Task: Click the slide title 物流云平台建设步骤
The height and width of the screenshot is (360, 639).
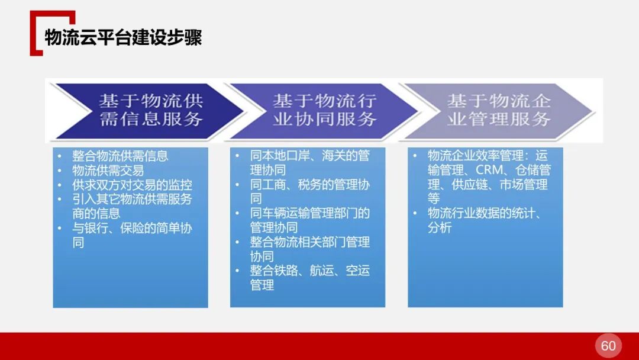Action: click(x=123, y=37)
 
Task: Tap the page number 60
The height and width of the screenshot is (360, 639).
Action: click(x=608, y=346)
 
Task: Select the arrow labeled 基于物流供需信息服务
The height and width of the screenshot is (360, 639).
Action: click(x=150, y=110)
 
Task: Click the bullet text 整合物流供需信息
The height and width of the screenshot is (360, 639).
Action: click(x=120, y=156)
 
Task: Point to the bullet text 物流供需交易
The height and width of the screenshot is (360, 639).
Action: click(x=108, y=171)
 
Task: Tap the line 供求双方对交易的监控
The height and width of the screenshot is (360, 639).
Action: click(x=132, y=185)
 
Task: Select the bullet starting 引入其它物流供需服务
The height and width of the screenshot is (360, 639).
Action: click(x=132, y=200)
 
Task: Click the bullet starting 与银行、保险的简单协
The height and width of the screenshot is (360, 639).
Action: click(x=132, y=229)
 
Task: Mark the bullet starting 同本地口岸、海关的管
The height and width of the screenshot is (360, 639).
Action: click(x=309, y=156)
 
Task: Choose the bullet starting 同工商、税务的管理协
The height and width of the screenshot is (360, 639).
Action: click(x=309, y=185)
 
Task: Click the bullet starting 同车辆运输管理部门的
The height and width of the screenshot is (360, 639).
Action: click(x=309, y=213)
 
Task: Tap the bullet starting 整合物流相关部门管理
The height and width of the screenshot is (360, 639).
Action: click(x=309, y=242)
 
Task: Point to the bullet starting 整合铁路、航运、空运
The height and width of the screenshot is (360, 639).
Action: click(x=309, y=271)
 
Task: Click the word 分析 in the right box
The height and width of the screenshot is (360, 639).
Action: click(x=440, y=228)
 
